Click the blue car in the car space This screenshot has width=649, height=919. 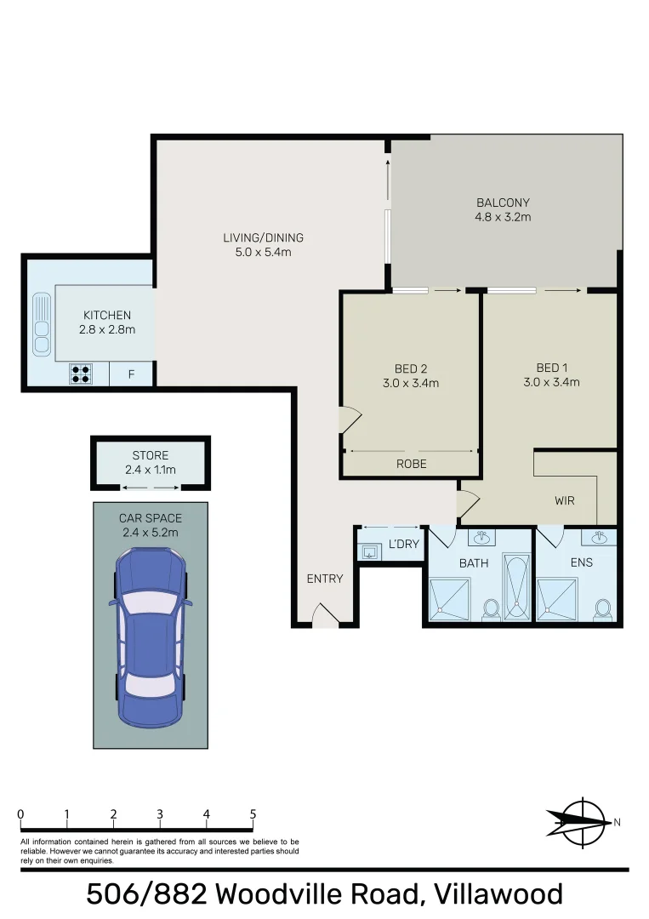pos(151,637)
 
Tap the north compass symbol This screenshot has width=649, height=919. pos(582,820)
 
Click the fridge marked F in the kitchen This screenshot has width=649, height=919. pos(131,373)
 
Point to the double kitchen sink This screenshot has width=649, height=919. pos(41,323)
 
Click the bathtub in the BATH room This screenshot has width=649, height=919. pos(515,587)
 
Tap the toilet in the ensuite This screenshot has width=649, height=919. pos(603,609)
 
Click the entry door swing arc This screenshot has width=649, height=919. pos(325,617)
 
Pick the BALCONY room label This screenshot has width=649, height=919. pos(503,203)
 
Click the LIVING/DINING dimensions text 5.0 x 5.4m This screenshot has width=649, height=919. pos(263,252)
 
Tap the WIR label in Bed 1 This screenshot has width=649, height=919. pos(564,500)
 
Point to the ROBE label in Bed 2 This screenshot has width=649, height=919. pos(412,464)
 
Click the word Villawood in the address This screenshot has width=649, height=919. pos(498,894)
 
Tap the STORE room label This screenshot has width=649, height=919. pos(150,455)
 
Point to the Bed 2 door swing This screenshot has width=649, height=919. pos(350,420)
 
